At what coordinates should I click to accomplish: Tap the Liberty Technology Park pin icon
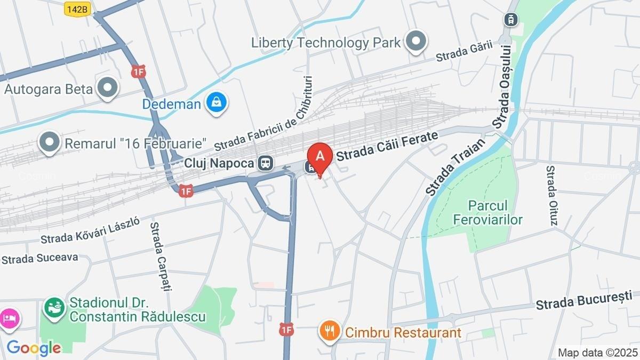[x=416, y=42]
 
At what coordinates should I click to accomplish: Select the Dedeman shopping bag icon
[x=217, y=102]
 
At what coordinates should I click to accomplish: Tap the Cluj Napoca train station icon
[x=265, y=163]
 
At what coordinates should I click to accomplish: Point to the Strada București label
[x=583, y=300]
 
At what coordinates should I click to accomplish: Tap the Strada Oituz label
[x=551, y=195]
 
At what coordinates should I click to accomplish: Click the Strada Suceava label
[x=40, y=259]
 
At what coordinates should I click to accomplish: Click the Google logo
[x=34, y=348]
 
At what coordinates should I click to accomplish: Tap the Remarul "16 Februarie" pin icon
[x=50, y=142]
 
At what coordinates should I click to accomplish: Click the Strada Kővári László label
[x=90, y=230]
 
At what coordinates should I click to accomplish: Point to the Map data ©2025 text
[x=597, y=353]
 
